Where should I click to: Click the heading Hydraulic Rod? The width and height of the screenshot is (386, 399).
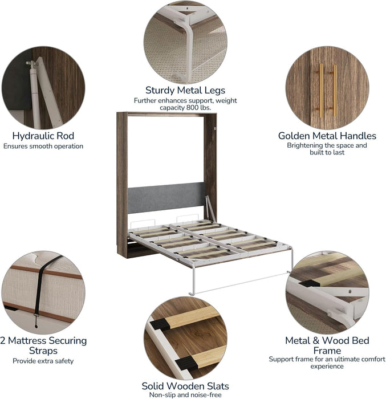(x=43, y=136)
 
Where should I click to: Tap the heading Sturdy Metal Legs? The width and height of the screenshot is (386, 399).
(x=185, y=90)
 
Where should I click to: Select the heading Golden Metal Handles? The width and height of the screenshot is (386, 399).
(x=327, y=136)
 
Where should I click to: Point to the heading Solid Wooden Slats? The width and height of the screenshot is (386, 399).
(x=185, y=386)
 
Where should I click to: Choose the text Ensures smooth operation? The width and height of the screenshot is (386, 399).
(x=43, y=146)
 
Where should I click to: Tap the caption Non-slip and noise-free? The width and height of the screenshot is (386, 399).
(x=185, y=395)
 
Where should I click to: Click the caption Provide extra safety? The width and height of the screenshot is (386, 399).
(x=43, y=361)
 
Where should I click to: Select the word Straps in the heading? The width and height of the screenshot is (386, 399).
(x=43, y=351)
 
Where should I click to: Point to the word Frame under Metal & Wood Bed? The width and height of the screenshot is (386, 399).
(x=327, y=351)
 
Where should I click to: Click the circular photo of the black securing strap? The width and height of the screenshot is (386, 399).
(x=43, y=292)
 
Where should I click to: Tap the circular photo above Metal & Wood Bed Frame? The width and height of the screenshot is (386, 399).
(x=327, y=292)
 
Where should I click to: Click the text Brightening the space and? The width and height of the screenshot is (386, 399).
(x=327, y=145)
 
